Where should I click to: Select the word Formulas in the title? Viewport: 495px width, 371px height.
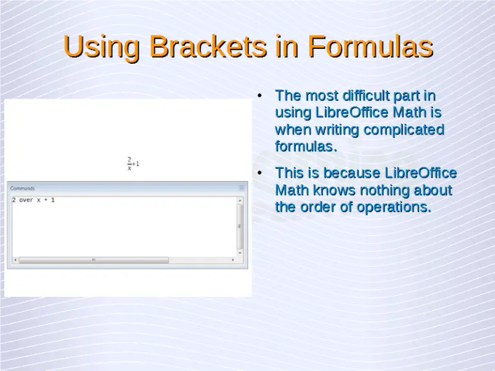tap(370, 47)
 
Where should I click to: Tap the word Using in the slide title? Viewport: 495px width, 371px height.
tap(102, 47)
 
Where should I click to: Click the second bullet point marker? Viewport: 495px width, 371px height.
tap(258, 174)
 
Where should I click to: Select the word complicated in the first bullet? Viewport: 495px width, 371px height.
tap(404, 129)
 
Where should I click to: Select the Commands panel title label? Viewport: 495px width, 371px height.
tap(23, 188)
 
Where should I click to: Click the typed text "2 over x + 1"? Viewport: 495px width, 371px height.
tap(34, 200)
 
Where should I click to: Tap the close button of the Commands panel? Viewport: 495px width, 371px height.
tap(242, 188)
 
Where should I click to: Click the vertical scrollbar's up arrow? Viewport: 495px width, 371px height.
tap(241, 200)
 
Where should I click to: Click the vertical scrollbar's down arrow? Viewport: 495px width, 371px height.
tap(241, 253)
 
